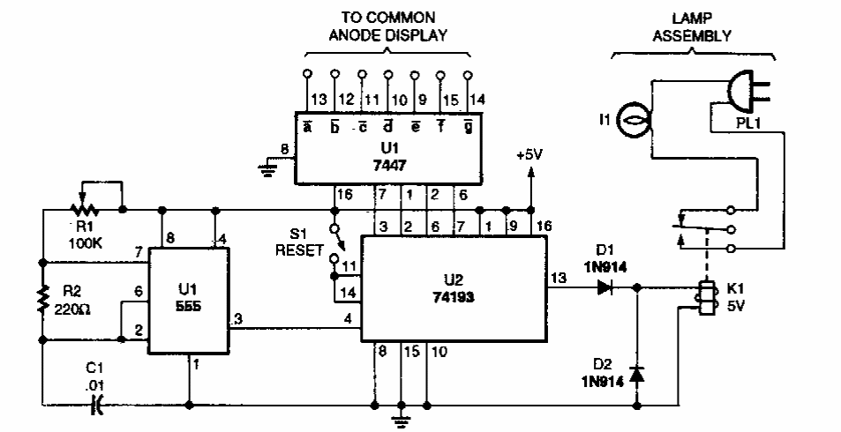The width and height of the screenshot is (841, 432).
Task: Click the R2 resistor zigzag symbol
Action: [x=41, y=300]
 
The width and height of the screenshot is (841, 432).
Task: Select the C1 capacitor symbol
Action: [x=99, y=405]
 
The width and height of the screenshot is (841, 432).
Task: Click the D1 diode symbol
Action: [x=606, y=286]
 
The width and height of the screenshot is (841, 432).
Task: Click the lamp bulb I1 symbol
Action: [x=633, y=115]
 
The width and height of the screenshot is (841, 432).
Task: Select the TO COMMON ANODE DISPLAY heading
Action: [x=387, y=27]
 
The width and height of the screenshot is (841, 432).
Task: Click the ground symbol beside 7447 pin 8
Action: [x=267, y=170]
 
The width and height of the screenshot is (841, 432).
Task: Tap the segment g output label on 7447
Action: [x=468, y=127]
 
